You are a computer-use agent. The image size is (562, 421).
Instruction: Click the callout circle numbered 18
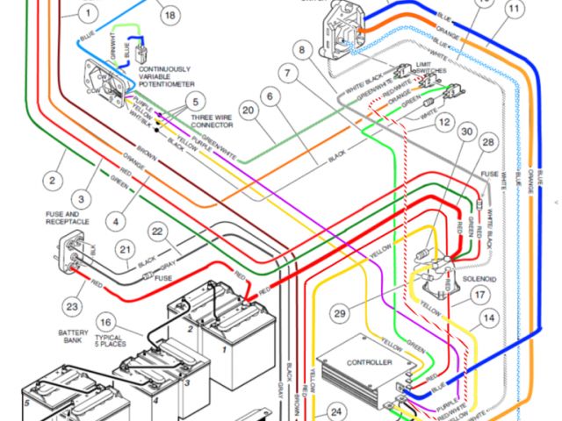(169, 15)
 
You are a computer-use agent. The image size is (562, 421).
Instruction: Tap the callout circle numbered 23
(72, 307)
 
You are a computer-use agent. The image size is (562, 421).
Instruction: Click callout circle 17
(479, 296)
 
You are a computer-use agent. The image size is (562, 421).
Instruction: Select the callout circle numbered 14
(488, 317)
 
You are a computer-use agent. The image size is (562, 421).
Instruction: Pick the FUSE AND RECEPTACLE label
(66, 219)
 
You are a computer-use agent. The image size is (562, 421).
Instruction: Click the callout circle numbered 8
(304, 50)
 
